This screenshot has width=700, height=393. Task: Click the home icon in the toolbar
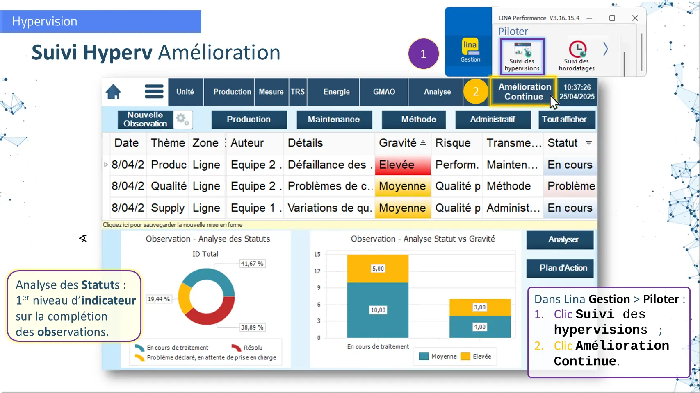(x=113, y=92)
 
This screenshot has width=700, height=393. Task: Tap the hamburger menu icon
(x=154, y=92)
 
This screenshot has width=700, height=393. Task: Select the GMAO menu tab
(x=384, y=92)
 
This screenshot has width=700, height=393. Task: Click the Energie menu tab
(x=337, y=92)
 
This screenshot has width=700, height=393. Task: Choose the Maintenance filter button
(x=334, y=120)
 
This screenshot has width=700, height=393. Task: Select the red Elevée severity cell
(x=403, y=165)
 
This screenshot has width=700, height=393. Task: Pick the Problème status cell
(x=571, y=186)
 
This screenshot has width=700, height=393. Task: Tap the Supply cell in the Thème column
(x=168, y=208)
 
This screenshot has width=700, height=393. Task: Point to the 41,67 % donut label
(x=252, y=264)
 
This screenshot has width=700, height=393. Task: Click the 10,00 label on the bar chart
(x=378, y=310)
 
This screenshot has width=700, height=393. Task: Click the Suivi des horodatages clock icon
(x=577, y=49)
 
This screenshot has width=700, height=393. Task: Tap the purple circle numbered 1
(x=424, y=54)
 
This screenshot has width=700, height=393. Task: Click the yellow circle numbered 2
(x=476, y=92)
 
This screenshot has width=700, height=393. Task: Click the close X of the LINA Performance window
(x=635, y=18)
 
